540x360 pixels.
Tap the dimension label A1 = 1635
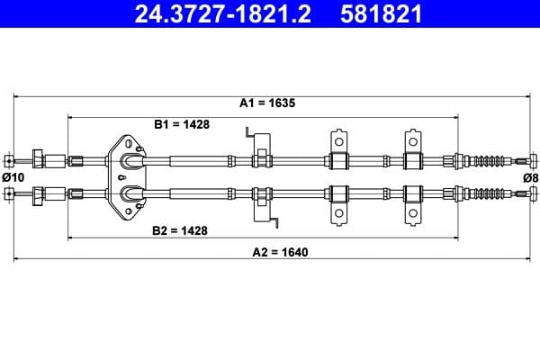coord(267,103)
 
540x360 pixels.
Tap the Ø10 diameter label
coord(13,177)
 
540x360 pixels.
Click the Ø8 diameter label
coord(530,177)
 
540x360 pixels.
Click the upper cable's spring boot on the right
coord(490,161)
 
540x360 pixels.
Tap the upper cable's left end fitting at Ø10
coord(9,161)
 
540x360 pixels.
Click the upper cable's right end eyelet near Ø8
coord(533,161)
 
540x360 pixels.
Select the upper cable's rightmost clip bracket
coord(413,153)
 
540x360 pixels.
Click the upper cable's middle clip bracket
coord(338,153)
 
